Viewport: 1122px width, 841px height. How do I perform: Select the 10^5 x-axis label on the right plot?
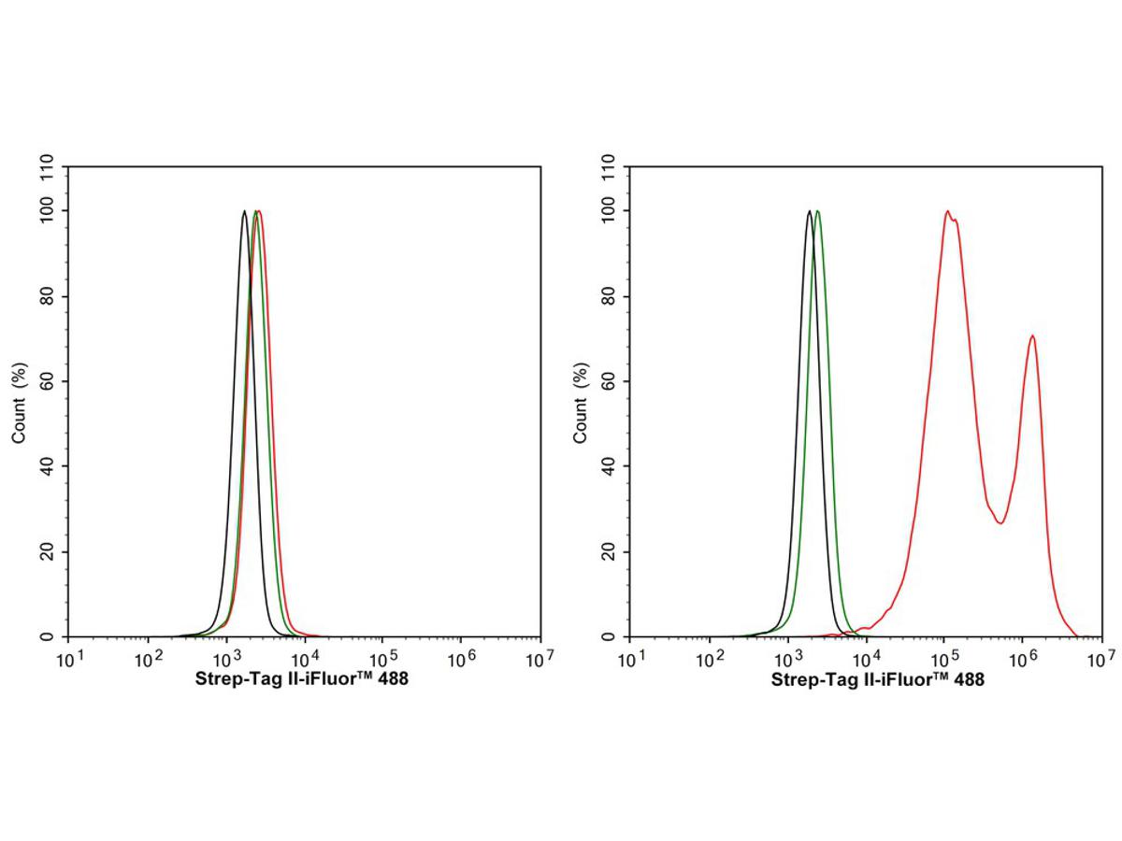(942, 660)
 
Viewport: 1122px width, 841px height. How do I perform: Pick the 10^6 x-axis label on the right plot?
(1020, 660)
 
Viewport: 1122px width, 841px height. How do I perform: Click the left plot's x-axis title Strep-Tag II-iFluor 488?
(302, 681)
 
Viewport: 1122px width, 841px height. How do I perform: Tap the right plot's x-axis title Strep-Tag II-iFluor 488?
(877, 681)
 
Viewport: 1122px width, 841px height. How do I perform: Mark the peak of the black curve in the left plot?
(244, 211)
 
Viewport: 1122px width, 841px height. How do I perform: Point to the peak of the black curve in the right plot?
(809, 211)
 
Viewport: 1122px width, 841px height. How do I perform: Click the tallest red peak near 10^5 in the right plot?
(947, 211)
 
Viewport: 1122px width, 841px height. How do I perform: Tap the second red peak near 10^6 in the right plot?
(1032, 336)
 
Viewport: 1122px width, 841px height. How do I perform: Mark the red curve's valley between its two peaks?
(1000, 522)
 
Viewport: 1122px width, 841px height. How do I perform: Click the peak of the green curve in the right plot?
(818, 211)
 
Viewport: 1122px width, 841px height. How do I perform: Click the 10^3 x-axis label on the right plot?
(787, 660)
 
